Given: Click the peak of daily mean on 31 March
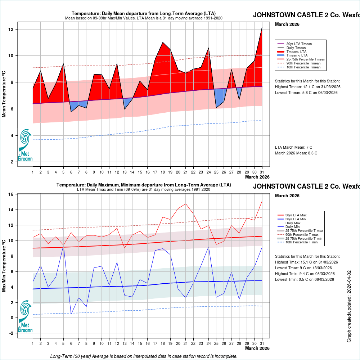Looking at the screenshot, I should pos(262,27).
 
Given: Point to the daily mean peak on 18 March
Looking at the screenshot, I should pos(163,42).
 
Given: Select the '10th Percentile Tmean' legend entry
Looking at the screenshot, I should pos(303,67).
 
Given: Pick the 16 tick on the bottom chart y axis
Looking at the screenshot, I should pos(21,194).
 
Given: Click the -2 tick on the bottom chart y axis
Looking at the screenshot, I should pos(21,333).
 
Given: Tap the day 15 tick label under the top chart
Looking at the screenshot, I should pos(140,172).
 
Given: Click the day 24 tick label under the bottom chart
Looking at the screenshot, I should pos(208,344).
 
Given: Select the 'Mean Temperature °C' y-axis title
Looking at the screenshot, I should pos(4,94).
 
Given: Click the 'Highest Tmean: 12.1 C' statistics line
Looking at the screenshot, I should pos(307,87).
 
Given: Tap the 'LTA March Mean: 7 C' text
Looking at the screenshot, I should pos(293,147).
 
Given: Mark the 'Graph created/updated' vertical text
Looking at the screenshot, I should pos(349,306).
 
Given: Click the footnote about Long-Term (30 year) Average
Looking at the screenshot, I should pos(144,356).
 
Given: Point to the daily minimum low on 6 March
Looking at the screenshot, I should pos(71,314).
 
